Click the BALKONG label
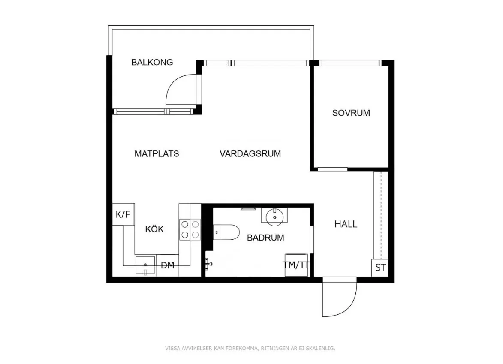(152, 62)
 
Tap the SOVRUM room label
(351, 113)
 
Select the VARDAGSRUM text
(250, 154)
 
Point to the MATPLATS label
(157, 154)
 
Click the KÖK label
(154, 229)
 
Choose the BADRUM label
(265, 238)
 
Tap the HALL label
(346, 224)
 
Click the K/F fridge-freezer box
(123, 214)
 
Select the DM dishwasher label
(168, 265)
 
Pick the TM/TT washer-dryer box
(296, 265)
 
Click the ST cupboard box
(380, 268)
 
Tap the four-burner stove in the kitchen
(190, 229)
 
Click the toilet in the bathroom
(226, 232)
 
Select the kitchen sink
(145, 265)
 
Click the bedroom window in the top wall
(350, 63)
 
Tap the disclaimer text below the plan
(250, 348)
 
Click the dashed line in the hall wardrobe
(381, 216)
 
